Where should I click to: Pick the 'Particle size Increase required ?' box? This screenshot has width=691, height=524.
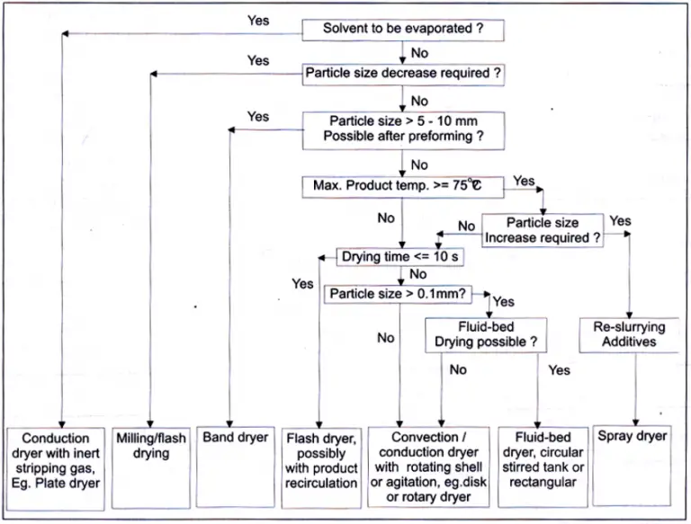click(x=542, y=230)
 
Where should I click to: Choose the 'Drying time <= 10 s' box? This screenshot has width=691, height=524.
click(x=400, y=257)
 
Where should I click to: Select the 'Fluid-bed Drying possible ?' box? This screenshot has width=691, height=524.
click(x=486, y=335)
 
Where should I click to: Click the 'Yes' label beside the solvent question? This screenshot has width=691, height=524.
click(x=257, y=20)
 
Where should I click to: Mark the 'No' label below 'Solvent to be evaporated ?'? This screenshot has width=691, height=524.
click(x=419, y=53)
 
